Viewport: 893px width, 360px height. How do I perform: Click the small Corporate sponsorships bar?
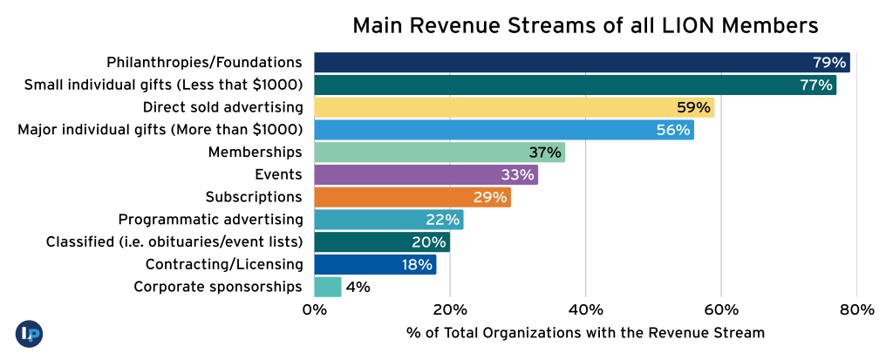[x=328, y=287]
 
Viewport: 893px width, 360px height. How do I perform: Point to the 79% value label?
[x=829, y=63]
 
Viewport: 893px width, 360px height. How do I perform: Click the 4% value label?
[x=358, y=287]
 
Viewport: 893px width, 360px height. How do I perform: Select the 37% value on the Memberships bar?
[x=545, y=153]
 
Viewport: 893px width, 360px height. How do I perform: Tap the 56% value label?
[x=673, y=130]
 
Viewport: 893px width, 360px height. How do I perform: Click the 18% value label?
[x=417, y=264]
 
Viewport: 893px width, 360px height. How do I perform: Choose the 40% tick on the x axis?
[x=585, y=309]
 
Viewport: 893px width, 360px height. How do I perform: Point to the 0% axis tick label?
[x=314, y=309]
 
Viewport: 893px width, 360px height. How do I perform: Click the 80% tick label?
[x=856, y=309]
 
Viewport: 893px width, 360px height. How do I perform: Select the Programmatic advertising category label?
[x=210, y=219]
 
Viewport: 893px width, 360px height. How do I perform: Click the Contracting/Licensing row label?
[x=224, y=264]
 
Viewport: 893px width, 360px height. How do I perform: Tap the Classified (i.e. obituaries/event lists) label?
[x=174, y=241]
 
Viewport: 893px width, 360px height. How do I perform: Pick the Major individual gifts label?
[x=160, y=130]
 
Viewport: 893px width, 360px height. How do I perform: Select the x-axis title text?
[x=585, y=333]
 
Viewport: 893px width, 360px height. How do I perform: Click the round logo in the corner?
[x=29, y=333]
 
